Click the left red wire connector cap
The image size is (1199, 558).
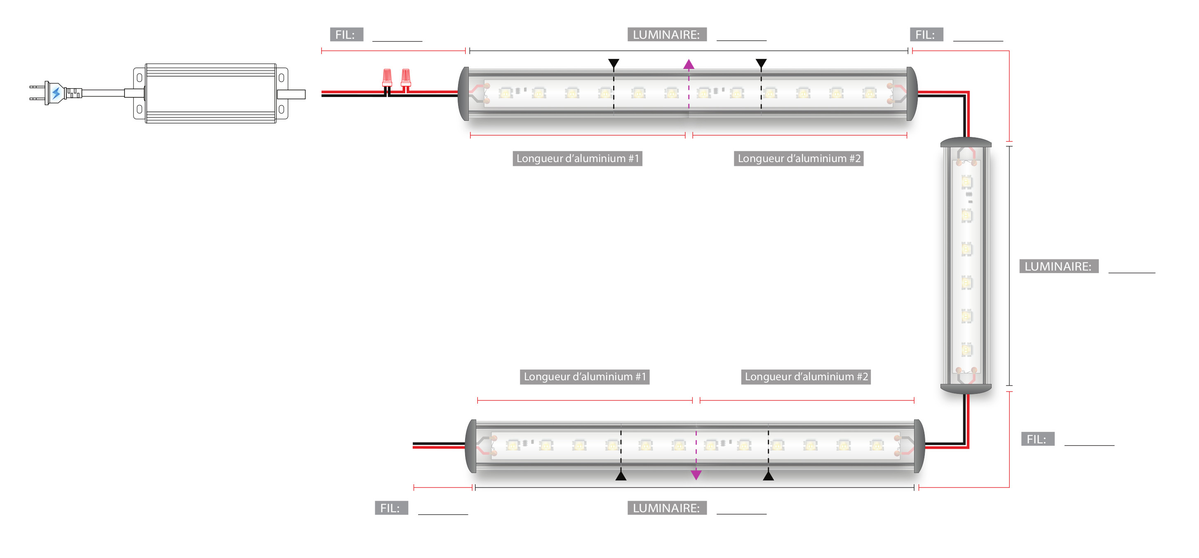pyautogui.click(x=387, y=77)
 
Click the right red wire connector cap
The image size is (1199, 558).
pyautogui.click(x=406, y=77)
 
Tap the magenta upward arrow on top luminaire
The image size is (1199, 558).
pyautogui.click(x=689, y=65)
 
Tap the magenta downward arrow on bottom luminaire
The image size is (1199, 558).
pyautogui.click(x=696, y=475)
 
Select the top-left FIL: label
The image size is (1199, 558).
pyautogui.click(x=346, y=35)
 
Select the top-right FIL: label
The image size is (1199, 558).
pyautogui.click(x=926, y=35)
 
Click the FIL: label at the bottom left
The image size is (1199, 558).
pyautogui.click(x=391, y=508)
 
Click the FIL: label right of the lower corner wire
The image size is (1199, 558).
pyautogui.click(x=1037, y=439)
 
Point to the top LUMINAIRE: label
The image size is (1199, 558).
pyautogui.click(x=667, y=35)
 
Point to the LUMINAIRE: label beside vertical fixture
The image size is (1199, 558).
pyautogui.click(x=1058, y=266)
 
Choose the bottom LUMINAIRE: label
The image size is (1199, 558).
pyautogui.click(x=667, y=508)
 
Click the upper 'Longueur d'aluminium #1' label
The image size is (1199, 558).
pyautogui.click(x=577, y=159)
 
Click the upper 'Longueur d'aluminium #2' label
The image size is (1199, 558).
pyautogui.click(x=799, y=159)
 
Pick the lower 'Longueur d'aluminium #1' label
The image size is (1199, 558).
pyautogui.click(x=585, y=377)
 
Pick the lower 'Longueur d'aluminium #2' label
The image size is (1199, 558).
pyautogui.click(x=806, y=377)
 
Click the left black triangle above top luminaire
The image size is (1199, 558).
pyautogui.click(x=614, y=63)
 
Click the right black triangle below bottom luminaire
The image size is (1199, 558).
pyautogui.click(x=769, y=476)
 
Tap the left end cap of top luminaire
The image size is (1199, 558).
pyautogui.click(x=463, y=94)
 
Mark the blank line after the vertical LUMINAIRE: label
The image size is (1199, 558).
pyautogui.click(x=1131, y=271)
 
